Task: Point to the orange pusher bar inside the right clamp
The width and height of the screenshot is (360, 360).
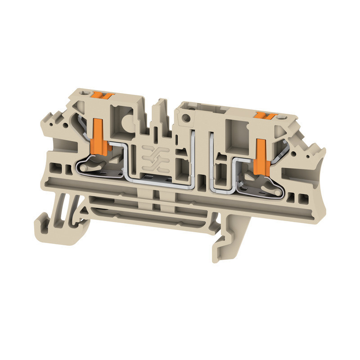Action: point(261,157)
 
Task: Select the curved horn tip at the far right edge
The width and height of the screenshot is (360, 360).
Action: point(320,148)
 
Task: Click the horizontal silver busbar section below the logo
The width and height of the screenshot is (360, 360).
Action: point(157,179)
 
